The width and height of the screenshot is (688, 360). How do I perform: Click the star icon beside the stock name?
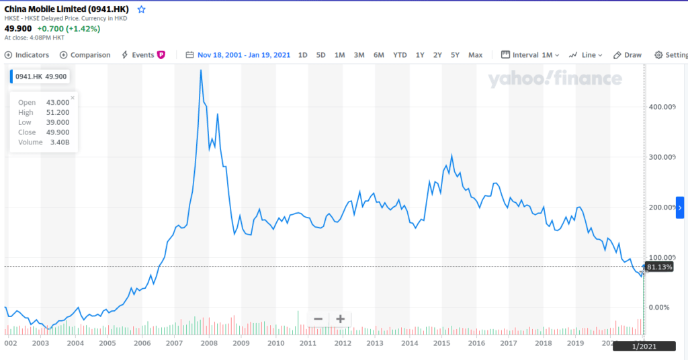point(141,9)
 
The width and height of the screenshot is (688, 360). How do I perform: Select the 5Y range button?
point(455,55)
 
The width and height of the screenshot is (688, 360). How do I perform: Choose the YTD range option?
point(400,55)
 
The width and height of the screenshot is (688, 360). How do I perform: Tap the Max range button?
point(475,55)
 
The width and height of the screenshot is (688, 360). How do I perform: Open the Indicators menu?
point(27,55)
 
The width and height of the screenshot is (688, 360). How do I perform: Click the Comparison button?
point(85,55)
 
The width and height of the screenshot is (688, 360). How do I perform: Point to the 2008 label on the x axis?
point(207,343)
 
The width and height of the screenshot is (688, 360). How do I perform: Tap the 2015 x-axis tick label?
point(441,343)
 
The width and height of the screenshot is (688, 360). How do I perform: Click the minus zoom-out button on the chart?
point(318,319)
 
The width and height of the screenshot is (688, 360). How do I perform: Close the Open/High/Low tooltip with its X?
point(73,97)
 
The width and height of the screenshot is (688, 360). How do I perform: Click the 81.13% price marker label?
point(659,267)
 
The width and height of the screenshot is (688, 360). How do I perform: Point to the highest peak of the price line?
point(201,70)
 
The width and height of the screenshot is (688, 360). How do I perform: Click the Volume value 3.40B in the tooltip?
point(59,142)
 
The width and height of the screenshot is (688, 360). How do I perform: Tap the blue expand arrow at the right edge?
point(681,208)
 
